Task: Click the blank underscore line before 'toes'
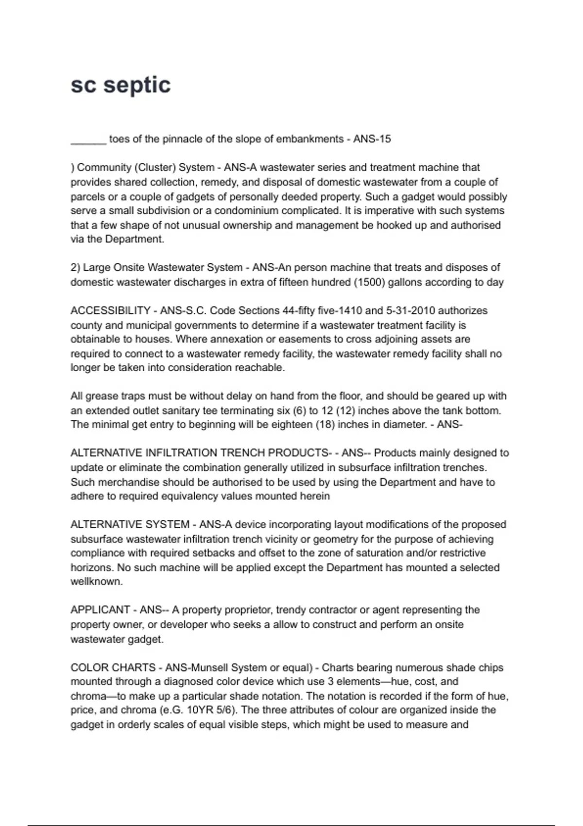(x=88, y=141)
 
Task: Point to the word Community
(x=103, y=168)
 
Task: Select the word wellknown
(x=96, y=582)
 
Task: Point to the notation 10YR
(x=200, y=710)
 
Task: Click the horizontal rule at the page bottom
(x=291, y=825)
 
